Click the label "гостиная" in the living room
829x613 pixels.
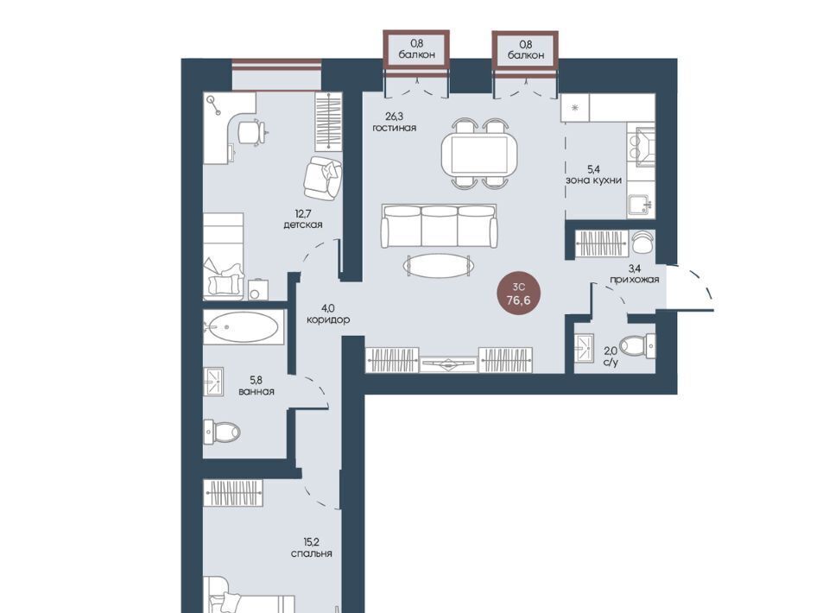[394, 128]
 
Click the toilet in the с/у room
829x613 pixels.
[636, 347]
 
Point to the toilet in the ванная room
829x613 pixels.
[222, 433]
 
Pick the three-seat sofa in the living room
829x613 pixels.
[439, 226]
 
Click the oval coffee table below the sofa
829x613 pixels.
[438, 265]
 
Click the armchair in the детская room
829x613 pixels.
[322, 178]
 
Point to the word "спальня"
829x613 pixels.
[312, 553]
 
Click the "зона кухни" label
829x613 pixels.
[594, 180]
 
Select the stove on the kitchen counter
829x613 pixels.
[642, 148]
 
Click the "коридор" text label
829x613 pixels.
[328, 319]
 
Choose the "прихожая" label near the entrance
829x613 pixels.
[635, 279]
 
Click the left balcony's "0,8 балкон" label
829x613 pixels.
[417, 50]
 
